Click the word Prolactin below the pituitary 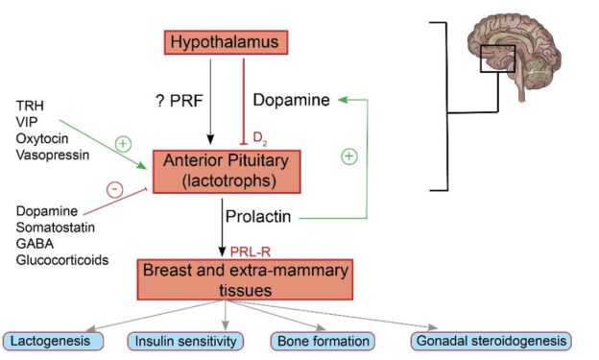click(257, 218)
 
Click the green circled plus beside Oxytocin click(122, 144)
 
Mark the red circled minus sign click(116, 189)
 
